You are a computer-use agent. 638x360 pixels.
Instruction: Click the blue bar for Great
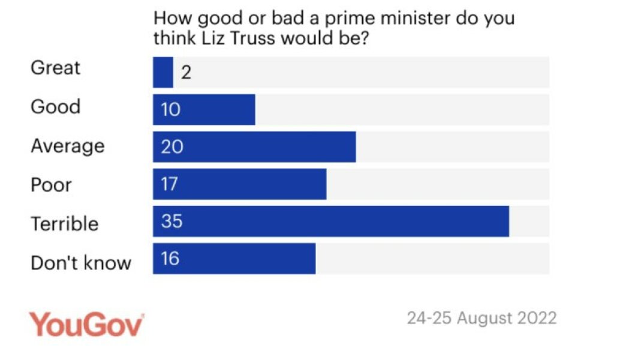pyautogui.click(x=163, y=73)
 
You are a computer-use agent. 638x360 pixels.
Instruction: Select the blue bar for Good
pyautogui.click(x=204, y=110)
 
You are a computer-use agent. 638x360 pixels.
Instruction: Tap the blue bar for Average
pyautogui.click(x=254, y=147)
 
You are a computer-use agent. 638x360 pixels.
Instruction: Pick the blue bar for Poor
pyautogui.click(x=239, y=184)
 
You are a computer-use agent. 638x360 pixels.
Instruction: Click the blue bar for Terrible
pyautogui.click(x=331, y=221)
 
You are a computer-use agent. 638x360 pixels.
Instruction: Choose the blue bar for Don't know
pyautogui.click(x=234, y=259)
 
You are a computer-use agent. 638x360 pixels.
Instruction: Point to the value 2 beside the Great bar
pyautogui.click(x=186, y=73)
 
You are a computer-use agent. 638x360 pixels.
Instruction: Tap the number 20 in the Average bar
pyautogui.click(x=171, y=147)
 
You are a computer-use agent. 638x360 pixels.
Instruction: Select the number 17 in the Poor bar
pyautogui.click(x=170, y=184)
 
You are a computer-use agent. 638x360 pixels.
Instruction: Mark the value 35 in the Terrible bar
pyautogui.click(x=171, y=221)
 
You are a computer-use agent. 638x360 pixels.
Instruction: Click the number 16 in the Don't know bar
pyautogui.click(x=170, y=259)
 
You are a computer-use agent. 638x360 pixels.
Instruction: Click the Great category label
pyautogui.click(x=55, y=68)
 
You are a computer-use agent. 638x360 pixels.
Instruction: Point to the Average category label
pyautogui.click(x=67, y=146)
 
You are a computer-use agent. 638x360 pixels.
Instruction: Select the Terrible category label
pyautogui.click(x=64, y=224)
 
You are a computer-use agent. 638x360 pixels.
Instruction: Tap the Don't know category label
pyautogui.click(x=81, y=262)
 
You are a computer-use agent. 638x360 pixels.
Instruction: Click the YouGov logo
pyautogui.click(x=87, y=324)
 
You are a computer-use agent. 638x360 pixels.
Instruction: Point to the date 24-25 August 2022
pyautogui.click(x=481, y=317)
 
